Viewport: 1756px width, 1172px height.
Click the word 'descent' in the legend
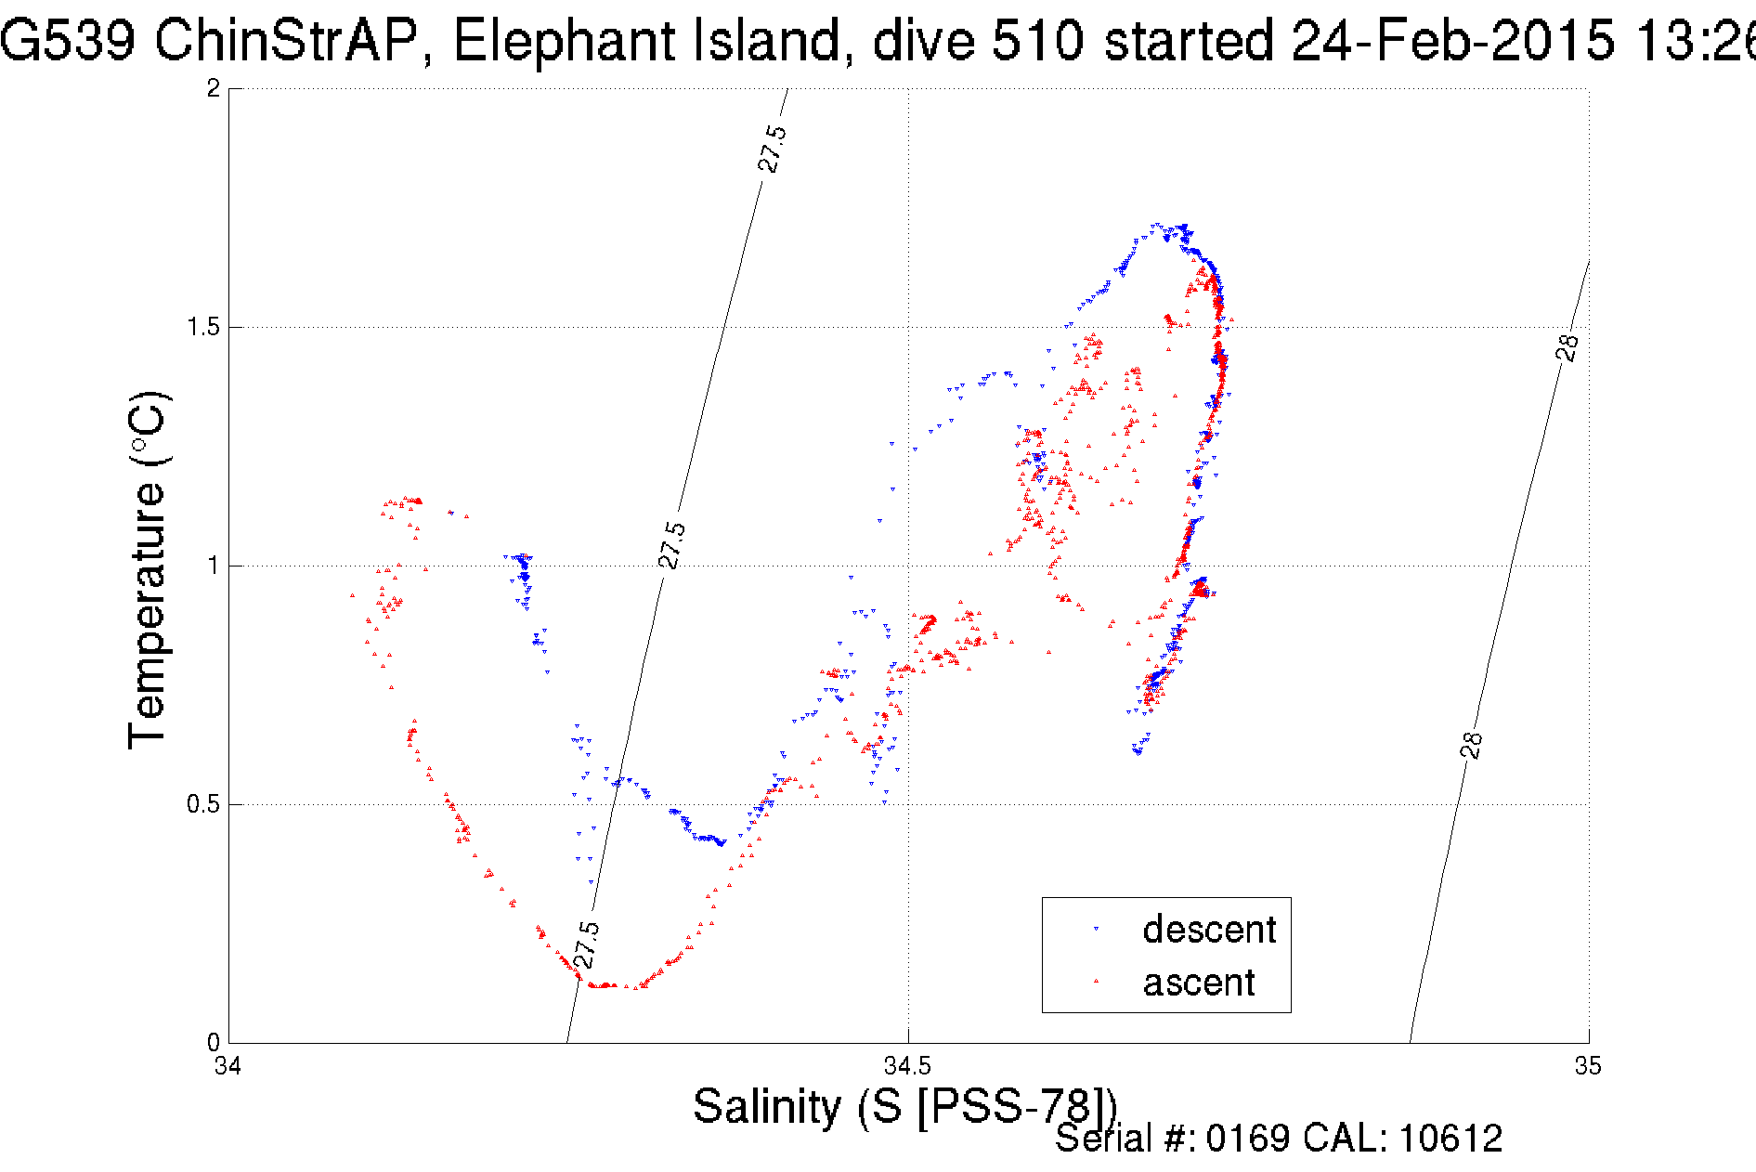[1208, 930]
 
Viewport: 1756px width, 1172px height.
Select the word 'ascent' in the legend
[1198, 983]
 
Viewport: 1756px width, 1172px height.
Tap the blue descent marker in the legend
[1096, 929]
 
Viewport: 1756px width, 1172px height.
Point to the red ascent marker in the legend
[1096, 980]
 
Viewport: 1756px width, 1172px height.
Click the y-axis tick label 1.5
[204, 327]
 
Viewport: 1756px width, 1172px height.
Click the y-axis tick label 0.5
[204, 804]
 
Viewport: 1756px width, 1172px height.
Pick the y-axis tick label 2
[214, 88]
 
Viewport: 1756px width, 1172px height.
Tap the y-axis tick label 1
[214, 566]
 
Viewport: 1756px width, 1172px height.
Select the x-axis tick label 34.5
[907, 1066]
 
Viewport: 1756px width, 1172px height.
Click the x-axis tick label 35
[1588, 1066]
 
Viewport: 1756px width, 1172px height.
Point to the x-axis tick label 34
[228, 1066]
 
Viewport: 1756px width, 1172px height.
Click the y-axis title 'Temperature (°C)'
[147, 570]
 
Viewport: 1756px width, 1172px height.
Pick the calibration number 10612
[1450, 1139]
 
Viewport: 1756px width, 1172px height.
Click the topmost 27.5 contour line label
[772, 149]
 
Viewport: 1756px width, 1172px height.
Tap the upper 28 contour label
[1567, 346]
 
